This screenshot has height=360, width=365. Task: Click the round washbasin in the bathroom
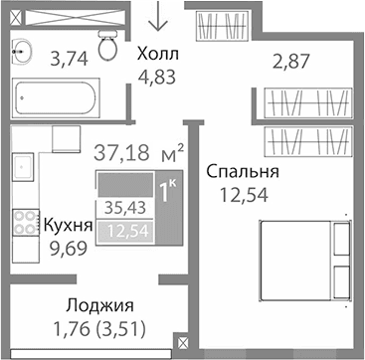tap(20, 52)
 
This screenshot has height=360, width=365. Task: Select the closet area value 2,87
tap(292, 63)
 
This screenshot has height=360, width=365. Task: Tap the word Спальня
tap(242, 172)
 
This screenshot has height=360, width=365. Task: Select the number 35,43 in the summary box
tap(122, 208)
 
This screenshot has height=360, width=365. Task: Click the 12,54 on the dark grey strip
tap(123, 232)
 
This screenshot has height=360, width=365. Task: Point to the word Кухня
tap(68, 226)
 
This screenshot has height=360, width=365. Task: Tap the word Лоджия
tap(100, 305)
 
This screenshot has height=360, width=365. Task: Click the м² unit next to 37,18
tap(172, 152)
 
